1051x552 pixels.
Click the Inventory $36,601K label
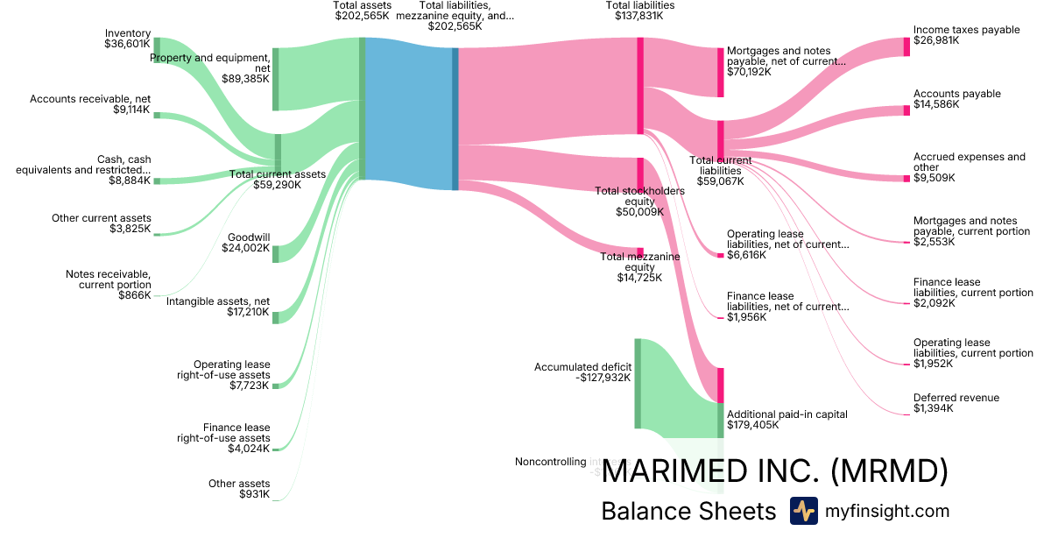click(127, 39)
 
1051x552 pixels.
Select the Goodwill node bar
click(275, 254)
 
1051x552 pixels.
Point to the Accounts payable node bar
click(906, 110)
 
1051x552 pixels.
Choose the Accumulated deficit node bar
click(638, 383)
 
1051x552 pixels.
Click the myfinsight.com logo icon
click(803, 511)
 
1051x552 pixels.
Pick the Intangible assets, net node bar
click(275, 317)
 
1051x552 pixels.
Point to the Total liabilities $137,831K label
click(639, 11)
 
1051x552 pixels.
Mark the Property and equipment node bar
click(275, 80)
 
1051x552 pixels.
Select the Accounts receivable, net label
click(90, 105)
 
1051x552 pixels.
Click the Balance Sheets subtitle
click(688, 512)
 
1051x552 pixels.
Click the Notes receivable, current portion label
click(109, 285)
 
